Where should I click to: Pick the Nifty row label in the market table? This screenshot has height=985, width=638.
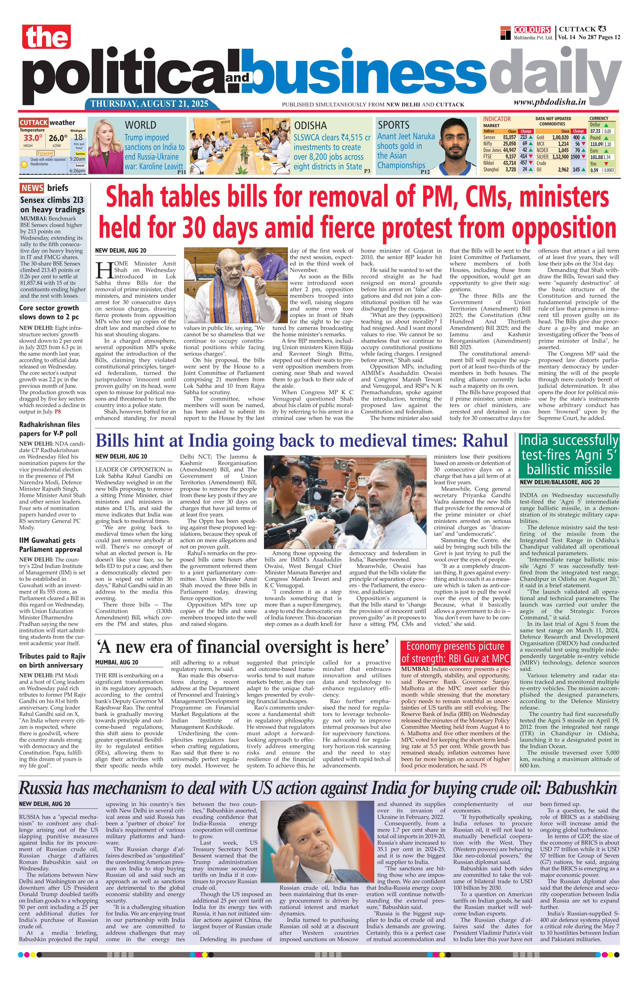pyautogui.click(x=489, y=144)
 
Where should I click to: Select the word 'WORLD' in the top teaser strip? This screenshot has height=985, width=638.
pyautogui.click(x=140, y=125)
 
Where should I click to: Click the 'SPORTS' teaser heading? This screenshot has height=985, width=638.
pyautogui.click(x=393, y=125)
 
